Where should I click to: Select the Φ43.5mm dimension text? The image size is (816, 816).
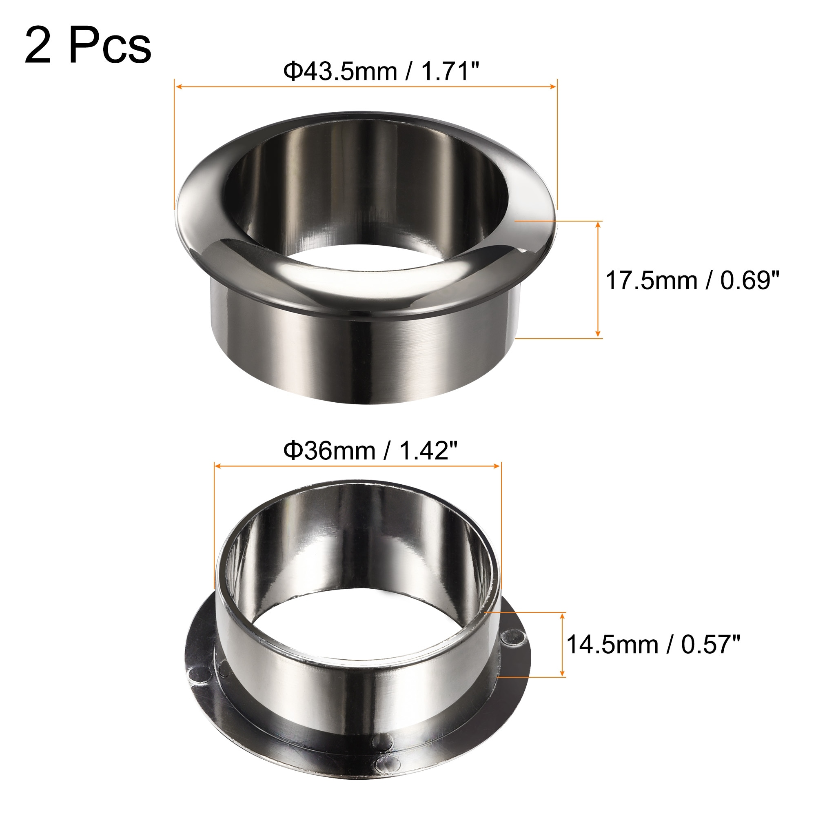(340, 71)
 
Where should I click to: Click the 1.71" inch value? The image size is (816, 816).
(451, 71)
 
